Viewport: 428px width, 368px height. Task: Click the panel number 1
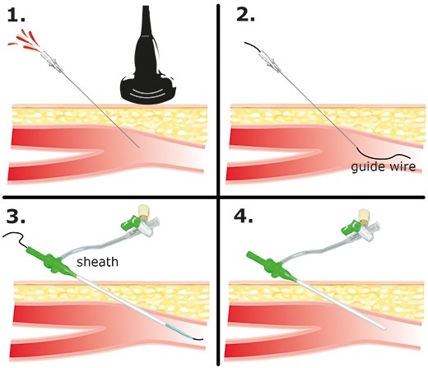pos(16,15)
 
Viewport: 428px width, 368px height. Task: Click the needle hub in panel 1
pos(51,62)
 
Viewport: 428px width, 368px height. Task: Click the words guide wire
pos(384,166)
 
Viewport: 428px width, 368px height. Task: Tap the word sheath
pos(97,262)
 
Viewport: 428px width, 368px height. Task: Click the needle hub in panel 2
pos(270,62)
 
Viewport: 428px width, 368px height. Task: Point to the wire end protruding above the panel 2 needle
pos(252,46)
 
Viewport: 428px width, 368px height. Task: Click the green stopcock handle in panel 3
pos(130,223)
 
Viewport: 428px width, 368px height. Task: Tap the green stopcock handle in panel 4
pos(351,227)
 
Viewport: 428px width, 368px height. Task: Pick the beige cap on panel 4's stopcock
pos(364,216)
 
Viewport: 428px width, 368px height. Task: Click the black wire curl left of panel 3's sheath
pos(14,238)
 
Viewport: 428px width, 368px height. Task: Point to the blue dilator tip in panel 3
pos(179,332)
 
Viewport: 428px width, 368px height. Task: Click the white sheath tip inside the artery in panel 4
pos(384,328)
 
